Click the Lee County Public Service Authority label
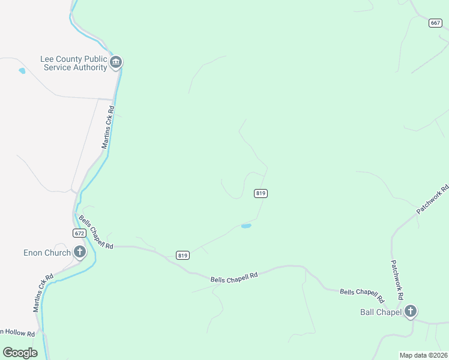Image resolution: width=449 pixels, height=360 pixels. pyautogui.click(x=73, y=63)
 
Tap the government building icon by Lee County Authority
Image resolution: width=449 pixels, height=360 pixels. pyautogui.click(x=116, y=62)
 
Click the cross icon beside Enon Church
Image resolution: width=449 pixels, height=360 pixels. pyautogui.click(x=79, y=252)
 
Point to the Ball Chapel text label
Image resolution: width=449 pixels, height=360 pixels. pyautogui.click(x=380, y=312)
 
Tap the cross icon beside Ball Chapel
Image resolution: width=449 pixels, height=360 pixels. pyautogui.click(x=410, y=311)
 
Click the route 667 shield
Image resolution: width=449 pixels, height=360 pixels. pyautogui.click(x=436, y=23)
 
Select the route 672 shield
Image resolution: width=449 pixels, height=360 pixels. pyautogui.click(x=79, y=232)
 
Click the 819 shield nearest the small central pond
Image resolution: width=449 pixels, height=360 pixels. pyautogui.click(x=261, y=193)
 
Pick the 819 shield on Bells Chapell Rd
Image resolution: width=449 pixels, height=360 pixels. pyautogui.click(x=183, y=256)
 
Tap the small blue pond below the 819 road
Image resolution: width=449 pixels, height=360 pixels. pyautogui.click(x=246, y=226)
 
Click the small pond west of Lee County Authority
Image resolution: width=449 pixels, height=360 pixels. pyautogui.click(x=22, y=71)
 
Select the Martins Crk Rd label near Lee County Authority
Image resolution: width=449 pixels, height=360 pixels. pyautogui.click(x=107, y=128)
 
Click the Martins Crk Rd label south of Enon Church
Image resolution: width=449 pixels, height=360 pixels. pyautogui.click(x=44, y=293)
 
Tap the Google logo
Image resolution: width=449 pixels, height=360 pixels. pyautogui.click(x=20, y=353)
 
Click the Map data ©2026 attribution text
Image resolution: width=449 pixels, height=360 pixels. pyautogui.click(x=423, y=355)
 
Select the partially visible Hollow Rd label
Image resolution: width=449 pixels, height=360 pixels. pyautogui.click(x=18, y=332)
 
